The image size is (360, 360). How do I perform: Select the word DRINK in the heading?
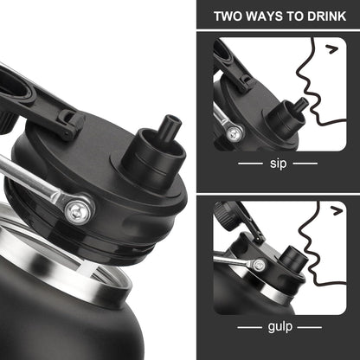[326, 16]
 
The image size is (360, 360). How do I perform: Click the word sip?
[278, 164]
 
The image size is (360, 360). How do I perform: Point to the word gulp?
[280, 327]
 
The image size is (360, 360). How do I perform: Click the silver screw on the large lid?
[77, 213]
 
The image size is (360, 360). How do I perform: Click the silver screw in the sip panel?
[235, 133]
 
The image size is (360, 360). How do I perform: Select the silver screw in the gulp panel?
[260, 265]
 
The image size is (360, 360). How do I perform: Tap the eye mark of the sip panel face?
[332, 49]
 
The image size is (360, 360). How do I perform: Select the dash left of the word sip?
[250, 164]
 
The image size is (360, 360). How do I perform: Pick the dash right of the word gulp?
[310, 327]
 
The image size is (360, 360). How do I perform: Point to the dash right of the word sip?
[305, 164]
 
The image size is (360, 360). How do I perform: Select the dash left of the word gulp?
[250, 327]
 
